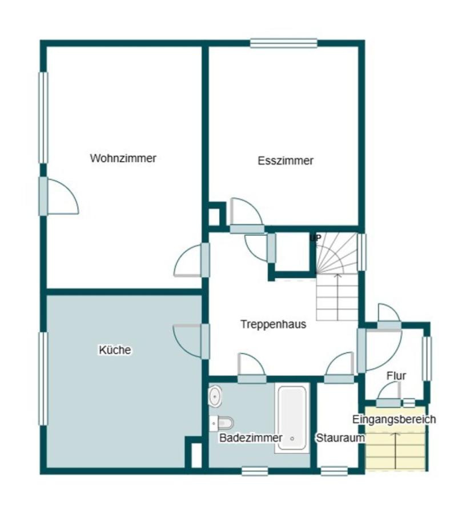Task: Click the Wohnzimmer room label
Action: point(123,158)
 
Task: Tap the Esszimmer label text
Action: point(286,160)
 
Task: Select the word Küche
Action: point(115,350)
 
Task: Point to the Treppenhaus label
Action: point(274,324)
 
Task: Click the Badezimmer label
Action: point(251,437)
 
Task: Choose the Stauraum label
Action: point(340,437)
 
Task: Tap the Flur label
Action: point(396,376)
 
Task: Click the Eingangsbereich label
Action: point(394,419)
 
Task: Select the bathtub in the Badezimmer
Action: point(292,419)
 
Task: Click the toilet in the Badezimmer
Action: point(222,423)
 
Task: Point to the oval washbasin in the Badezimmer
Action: point(215,396)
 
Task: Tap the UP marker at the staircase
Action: point(316,238)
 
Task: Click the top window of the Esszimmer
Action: point(284,43)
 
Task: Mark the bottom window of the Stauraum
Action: point(334,471)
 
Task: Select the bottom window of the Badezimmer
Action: point(255,471)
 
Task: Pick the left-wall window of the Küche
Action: point(43,379)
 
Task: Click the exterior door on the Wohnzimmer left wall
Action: point(43,196)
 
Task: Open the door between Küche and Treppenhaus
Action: point(205,342)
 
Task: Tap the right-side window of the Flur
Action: point(427,359)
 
